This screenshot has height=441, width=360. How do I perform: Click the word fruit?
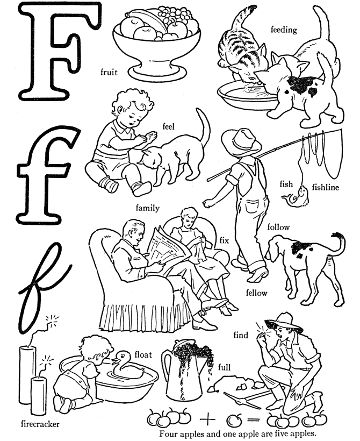tap(109, 72)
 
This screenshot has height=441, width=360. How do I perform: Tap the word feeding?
tap(284, 30)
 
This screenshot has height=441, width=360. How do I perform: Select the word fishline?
tap(326, 187)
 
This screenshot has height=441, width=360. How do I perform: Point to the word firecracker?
tap(40, 424)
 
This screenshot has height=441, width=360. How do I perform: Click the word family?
tap(148, 208)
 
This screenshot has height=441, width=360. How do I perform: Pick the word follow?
tap(278, 227)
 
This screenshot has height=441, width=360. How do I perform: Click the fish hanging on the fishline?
tap(296, 197)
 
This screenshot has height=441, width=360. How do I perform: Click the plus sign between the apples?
tap(207, 420)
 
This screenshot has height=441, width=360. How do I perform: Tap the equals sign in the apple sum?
tap(254, 420)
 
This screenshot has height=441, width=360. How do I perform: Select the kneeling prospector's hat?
tap(284, 323)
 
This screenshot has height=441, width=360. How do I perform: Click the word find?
tap(241, 335)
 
